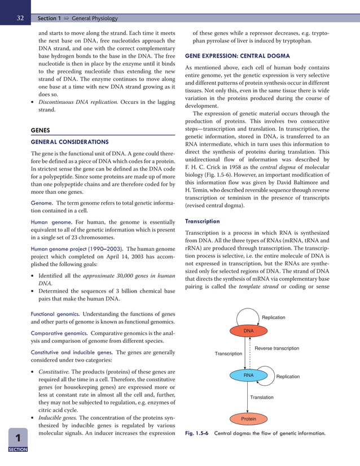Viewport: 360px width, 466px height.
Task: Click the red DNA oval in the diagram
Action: click(x=248, y=330)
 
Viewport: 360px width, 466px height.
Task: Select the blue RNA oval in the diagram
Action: click(x=248, y=375)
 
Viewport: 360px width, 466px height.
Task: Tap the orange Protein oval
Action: click(x=248, y=419)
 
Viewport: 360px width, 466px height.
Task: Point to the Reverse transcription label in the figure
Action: click(x=277, y=349)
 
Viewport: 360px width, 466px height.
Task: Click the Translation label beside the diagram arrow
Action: click(x=262, y=398)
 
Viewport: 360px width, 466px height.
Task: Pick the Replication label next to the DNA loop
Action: click(x=274, y=317)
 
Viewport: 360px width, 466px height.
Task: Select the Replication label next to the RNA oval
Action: click(x=288, y=377)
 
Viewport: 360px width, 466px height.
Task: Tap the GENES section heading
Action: click(x=41, y=130)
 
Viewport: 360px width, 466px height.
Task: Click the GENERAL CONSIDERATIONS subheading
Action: click(x=69, y=142)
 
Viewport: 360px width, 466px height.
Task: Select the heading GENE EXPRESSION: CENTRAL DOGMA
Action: click(x=237, y=56)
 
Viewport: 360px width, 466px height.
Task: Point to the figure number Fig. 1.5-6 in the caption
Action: click(x=197, y=434)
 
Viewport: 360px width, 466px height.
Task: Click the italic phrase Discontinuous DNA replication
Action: click(x=78, y=102)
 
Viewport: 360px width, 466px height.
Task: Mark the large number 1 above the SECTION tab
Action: click(x=18, y=439)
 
